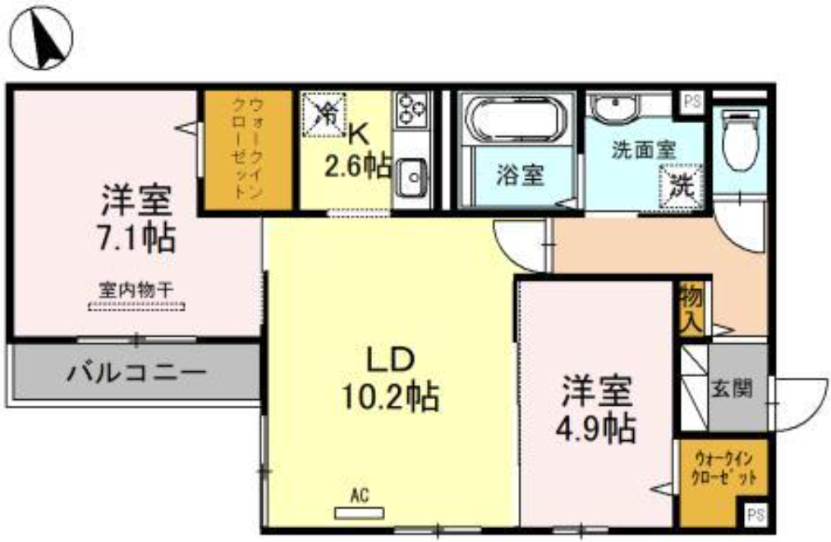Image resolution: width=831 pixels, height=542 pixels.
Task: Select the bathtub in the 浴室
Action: (x=519, y=119)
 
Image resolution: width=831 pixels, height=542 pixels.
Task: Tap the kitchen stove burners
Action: (x=411, y=108)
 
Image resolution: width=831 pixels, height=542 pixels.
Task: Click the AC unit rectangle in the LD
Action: (x=360, y=513)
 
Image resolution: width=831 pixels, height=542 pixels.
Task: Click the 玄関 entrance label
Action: (x=731, y=388)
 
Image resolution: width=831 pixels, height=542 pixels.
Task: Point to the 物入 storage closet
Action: (x=691, y=309)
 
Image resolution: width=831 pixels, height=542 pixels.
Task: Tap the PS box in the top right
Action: (x=692, y=101)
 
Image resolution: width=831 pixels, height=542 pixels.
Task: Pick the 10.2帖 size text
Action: (x=390, y=397)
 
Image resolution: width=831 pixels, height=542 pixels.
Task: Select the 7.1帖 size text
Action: (x=135, y=238)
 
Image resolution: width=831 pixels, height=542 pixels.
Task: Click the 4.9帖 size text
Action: (x=595, y=428)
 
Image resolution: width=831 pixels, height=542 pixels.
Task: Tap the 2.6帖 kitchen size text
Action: (x=358, y=167)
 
